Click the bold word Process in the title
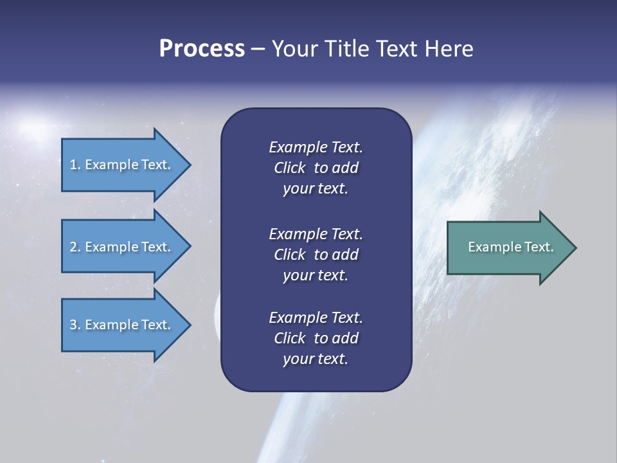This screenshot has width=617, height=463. (x=202, y=49)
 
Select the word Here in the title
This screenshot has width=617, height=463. (x=449, y=49)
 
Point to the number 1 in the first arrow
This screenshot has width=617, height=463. (x=73, y=165)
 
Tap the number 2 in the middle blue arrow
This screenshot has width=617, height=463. (x=73, y=247)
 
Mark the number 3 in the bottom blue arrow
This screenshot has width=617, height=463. (x=73, y=325)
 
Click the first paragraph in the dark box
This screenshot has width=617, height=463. (x=316, y=168)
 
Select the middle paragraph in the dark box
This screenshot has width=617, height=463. (x=316, y=255)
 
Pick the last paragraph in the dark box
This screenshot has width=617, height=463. (x=316, y=338)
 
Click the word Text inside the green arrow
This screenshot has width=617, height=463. (x=539, y=247)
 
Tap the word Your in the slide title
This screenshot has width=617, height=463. (x=294, y=49)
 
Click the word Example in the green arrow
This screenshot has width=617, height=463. (x=495, y=247)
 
